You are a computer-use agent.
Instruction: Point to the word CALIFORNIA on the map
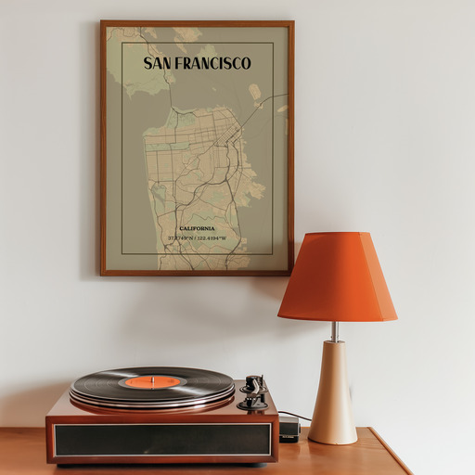197,228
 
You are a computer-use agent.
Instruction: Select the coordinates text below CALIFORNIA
197,238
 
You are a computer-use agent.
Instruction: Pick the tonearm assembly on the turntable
252,392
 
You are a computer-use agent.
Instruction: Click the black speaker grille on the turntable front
162,439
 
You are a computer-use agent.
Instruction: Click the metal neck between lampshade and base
335,331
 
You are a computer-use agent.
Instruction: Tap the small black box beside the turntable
289,428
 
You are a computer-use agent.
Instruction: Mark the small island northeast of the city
254,91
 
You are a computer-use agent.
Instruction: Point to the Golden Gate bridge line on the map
169,88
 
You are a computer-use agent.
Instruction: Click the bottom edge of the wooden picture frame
197,273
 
